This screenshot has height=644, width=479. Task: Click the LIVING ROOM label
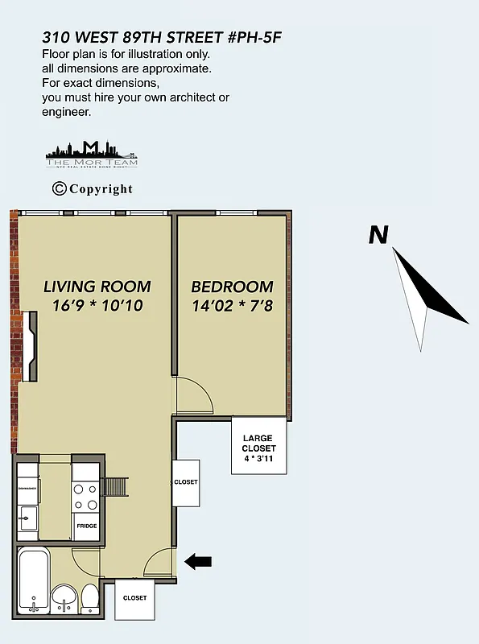97,287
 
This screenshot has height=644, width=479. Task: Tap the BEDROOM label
232,287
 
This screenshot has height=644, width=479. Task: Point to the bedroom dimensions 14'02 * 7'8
232,306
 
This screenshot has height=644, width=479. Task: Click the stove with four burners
86,497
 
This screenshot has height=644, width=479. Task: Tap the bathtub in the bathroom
33,579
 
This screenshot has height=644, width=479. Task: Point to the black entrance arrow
198,561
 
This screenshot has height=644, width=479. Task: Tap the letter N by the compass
378,235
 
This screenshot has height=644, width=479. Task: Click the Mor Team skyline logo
92,153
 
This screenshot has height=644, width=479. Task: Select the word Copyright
101,189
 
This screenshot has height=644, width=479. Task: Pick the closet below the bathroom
134,598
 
